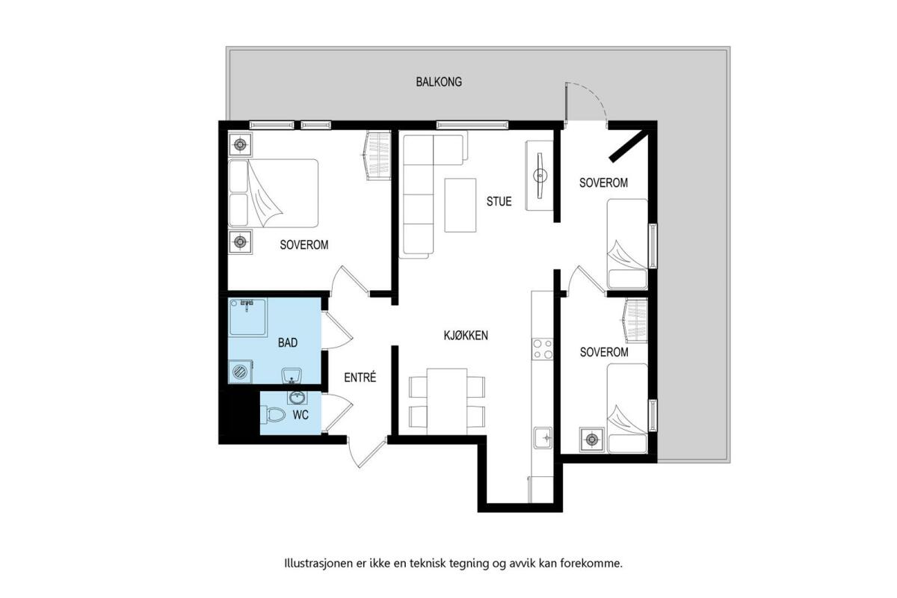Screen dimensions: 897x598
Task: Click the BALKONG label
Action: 439,81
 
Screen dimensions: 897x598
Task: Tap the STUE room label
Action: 499,201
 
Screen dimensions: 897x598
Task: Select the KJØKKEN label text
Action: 466,335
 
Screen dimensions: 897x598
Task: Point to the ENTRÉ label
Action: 360,377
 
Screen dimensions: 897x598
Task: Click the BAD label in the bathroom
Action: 288,342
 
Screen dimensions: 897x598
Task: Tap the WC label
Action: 300,415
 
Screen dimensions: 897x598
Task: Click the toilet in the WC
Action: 272,415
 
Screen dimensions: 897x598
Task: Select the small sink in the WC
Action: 297,398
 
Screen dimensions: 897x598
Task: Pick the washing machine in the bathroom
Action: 240,372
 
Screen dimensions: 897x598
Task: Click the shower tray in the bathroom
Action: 247,317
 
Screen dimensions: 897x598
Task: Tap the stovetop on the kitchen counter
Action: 542,349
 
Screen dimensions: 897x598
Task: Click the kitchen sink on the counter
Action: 543,439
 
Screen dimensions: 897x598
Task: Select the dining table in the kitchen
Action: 447,401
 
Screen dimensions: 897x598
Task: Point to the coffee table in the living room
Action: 460,205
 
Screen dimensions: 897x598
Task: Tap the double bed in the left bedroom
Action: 273,194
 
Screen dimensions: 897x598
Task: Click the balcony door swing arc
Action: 593,94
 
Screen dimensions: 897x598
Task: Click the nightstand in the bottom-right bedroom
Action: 592,440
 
